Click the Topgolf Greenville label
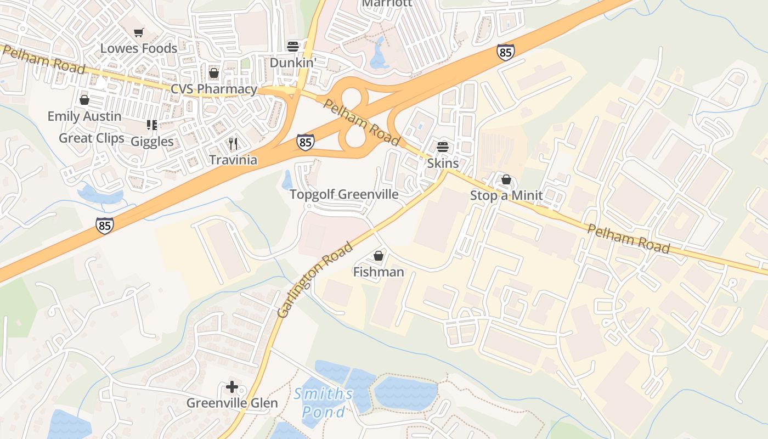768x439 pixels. pos(344,194)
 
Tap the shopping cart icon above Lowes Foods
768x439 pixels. pos(139,33)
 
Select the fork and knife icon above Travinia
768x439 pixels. pos(233,144)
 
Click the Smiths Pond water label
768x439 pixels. pos(323,402)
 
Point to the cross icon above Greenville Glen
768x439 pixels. pos(232,387)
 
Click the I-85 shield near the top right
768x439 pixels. pos(505,52)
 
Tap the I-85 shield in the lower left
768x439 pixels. pos(105,225)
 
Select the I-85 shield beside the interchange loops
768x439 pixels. pos(306,142)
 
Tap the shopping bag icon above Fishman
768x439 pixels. pos(379,256)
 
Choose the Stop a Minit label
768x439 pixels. pos(506,195)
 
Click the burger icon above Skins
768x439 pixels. pos(443,147)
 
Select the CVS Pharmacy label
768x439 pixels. pos(214,89)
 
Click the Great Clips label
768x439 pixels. pos(92,138)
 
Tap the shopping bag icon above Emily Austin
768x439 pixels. pos(84,100)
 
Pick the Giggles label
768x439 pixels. pos(152,142)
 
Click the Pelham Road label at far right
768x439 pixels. pos(629,238)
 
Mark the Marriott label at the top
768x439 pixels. pos(387,3)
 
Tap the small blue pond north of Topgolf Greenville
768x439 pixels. pos(287,179)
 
